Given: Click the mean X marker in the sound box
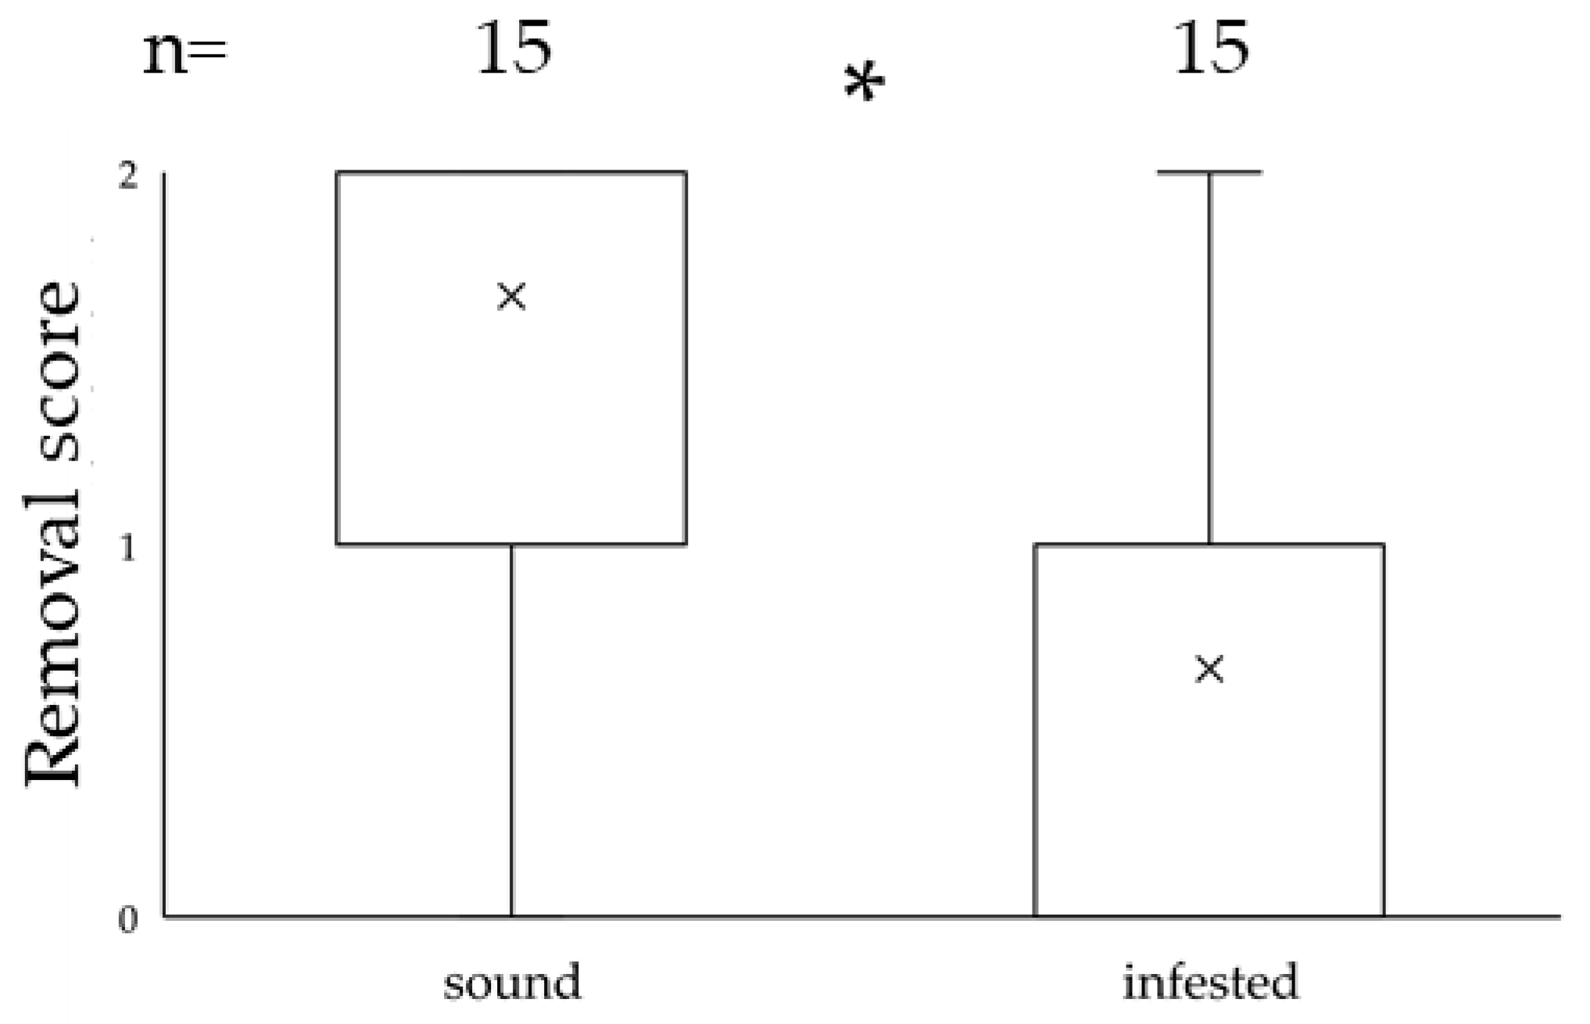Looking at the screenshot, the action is point(512,296).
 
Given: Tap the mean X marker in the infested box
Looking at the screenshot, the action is point(1209,669).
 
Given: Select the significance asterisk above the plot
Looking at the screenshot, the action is point(865,84).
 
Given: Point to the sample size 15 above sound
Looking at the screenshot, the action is point(514,48).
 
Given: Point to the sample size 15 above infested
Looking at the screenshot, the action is point(1211,48).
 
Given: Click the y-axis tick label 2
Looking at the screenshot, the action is point(127,177).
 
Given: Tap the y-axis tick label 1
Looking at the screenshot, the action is point(127,549).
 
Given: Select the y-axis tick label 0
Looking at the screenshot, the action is point(127,920).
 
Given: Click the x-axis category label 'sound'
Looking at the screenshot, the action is point(513,982).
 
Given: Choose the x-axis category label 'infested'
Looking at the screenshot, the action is point(1210,982).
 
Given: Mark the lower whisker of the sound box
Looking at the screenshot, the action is point(512,731).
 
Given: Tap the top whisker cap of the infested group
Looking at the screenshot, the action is point(1209,172).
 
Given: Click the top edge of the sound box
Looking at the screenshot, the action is point(512,172).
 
